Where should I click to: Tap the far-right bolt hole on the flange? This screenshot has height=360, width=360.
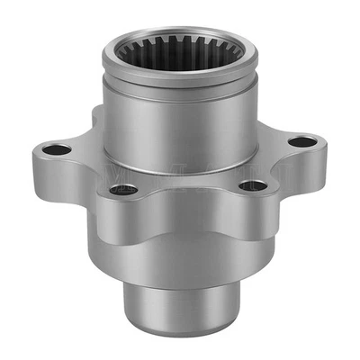pyautogui.click(x=304, y=142)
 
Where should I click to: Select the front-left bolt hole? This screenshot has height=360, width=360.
pyautogui.click(x=125, y=190)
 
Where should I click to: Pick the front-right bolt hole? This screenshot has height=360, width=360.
pyautogui.click(x=255, y=186)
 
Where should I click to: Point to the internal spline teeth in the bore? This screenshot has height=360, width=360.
pyautogui.click(x=179, y=57)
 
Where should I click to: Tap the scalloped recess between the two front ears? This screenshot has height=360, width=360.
pyautogui.click(x=189, y=202)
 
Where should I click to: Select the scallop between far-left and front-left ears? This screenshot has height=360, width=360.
pyautogui.click(x=90, y=180)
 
